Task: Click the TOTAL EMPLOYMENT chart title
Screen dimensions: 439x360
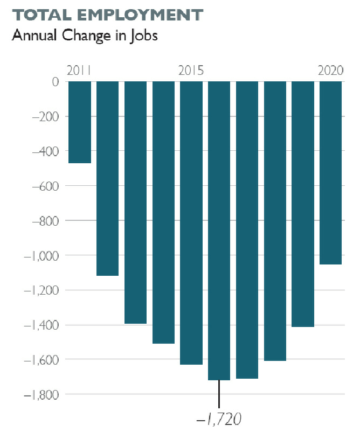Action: [107, 15]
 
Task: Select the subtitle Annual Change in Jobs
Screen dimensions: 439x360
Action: [85, 36]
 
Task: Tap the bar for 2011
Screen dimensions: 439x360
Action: [80, 122]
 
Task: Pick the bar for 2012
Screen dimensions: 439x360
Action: [107, 178]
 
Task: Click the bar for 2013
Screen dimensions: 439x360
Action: [135, 203]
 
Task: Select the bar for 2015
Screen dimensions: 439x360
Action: [191, 223]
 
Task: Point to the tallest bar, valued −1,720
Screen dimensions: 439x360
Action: [219, 231]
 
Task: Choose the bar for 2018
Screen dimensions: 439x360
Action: [275, 221]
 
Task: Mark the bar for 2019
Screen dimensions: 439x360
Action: [303, 204]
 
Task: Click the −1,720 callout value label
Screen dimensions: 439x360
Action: [219, 418]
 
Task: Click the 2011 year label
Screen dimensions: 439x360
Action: [79, 71]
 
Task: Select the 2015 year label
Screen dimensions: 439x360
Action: [191, 71]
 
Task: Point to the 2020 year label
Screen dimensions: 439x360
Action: [331, 71]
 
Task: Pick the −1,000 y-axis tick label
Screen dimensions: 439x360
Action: [41, 255]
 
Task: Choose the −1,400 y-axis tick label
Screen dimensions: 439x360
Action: [41, 325]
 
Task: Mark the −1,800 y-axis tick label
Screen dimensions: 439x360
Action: [41, 395]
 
